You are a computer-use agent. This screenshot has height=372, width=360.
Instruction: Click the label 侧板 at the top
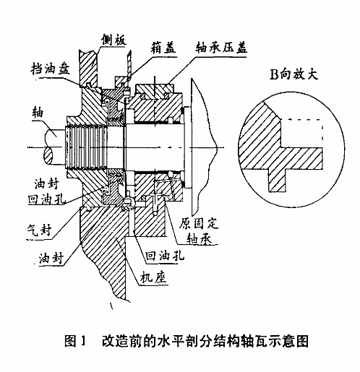[x=114, y=40]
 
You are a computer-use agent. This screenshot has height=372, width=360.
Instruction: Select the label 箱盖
[x=163, y=48]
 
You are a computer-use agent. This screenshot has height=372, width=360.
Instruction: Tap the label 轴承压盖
[x=221, y=48]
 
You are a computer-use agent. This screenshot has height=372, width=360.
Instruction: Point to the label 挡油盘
[x=51, y=69]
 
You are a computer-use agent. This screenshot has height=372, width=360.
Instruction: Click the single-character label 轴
[x=38, y=113]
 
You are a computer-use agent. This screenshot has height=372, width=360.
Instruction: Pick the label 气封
[x=40, y=230]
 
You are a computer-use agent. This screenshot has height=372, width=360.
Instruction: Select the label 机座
[x=153, y=277]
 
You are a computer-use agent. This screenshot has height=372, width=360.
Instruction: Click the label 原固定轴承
[x=199, y=230]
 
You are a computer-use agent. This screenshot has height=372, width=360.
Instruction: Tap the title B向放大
[x=293, y=74]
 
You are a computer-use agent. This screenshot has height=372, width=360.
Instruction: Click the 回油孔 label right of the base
[x=165, y=256]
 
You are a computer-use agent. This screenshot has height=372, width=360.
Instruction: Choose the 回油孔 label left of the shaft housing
[x=47, y=199]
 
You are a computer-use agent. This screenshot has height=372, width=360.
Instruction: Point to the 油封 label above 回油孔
[x=46, y=184]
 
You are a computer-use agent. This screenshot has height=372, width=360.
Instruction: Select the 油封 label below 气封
[x=51, y=258]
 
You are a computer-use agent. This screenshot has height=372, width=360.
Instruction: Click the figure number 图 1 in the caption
[x=75, y=341]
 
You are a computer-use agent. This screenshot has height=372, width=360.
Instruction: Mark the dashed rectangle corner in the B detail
[x=322, y=119]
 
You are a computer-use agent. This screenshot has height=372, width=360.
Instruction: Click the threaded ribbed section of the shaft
[x=85, y=147]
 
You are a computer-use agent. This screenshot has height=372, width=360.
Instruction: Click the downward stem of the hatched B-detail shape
[x=277, y=180]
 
